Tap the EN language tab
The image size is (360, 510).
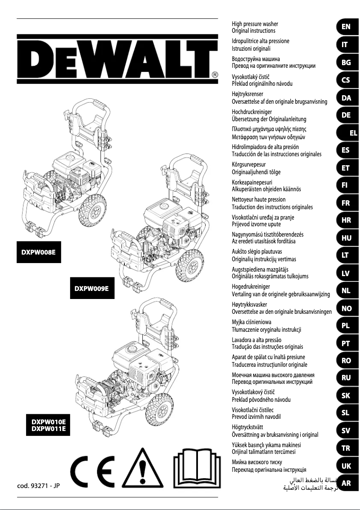point(346,27)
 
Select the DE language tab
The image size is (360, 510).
point(346,115)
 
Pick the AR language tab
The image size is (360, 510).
point(346,484)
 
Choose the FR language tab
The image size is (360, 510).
point(346,203)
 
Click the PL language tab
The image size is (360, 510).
point(346,326)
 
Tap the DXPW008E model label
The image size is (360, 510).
point(39,252)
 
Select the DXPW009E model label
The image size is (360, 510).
point(92,288)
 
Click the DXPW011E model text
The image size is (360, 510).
point(48,429)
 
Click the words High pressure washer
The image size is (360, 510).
point(255,23)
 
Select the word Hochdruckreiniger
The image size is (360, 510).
point(252,112)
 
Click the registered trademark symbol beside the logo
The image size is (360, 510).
point(215,75)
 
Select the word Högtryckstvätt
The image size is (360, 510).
point(250,427)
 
